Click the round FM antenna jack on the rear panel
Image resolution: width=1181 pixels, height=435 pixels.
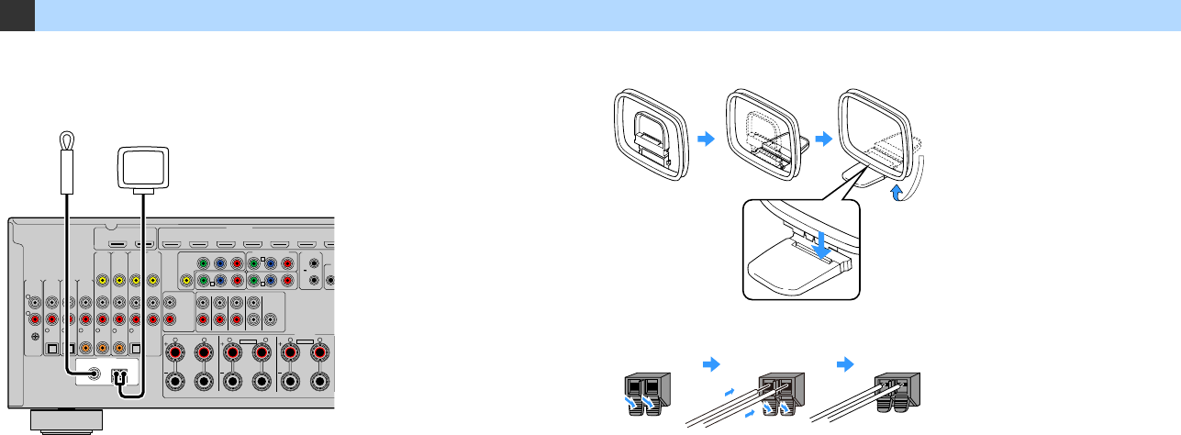(x=92, y=374)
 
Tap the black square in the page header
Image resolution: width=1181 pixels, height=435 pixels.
(x=17, y=16)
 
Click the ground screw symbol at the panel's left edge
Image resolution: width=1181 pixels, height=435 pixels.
(x=35, y=336)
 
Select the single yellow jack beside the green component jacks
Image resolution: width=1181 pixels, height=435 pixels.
(x=186, y=280)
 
